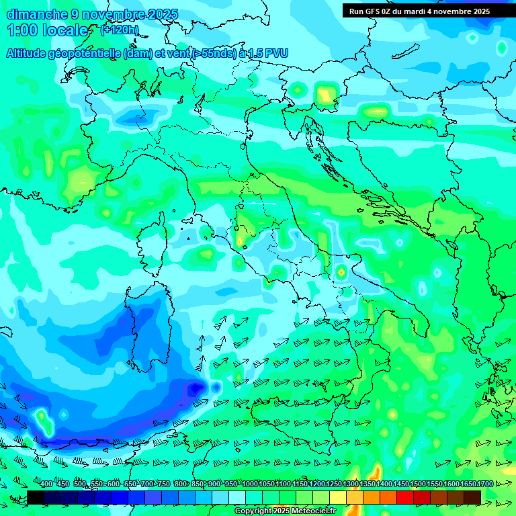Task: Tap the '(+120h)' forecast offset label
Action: pos(120,30)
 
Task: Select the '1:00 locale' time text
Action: pos(48,30)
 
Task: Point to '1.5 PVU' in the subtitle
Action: pos(267,53)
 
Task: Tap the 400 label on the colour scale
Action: pos(46,484)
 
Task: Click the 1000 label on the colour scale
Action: pos(249,484)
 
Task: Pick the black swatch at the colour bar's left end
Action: pos(36,497)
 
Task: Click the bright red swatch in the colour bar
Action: pos(405,497)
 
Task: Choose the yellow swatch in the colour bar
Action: pos(338,497)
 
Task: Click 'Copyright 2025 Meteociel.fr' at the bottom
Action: pos(285,511)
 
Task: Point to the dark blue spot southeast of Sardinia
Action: pos(196,388)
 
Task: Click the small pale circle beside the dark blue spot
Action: pos(216,387)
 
